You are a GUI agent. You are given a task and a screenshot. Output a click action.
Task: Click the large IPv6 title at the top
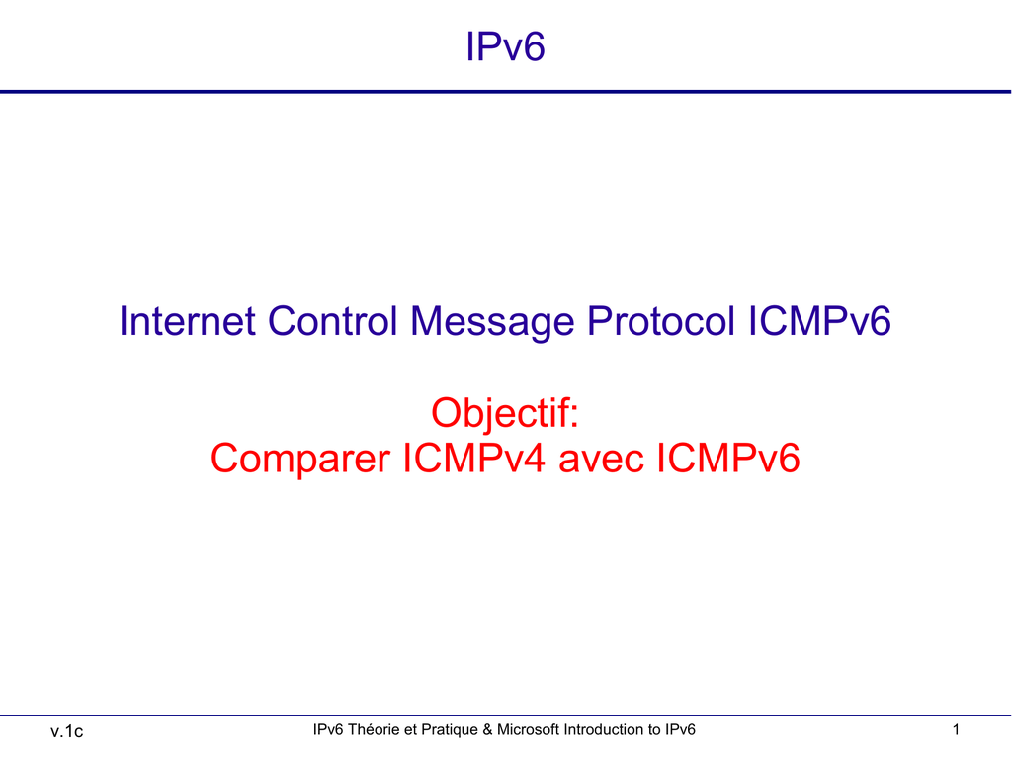pos(505,46)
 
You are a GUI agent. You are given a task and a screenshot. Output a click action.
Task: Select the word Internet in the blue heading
pos(187,321)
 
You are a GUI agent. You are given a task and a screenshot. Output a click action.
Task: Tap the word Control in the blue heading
pos(332,321)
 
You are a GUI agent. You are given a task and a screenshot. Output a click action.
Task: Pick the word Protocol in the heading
pos(661,321)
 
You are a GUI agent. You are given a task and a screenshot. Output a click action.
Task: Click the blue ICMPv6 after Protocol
pos(819,321)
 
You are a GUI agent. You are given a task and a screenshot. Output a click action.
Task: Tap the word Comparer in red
pos(300,460)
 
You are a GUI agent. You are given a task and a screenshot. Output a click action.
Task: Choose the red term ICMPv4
pos(473,458)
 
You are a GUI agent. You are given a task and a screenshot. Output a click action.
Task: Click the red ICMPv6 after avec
pos(728,458)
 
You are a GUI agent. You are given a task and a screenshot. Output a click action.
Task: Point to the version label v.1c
pos(66,731)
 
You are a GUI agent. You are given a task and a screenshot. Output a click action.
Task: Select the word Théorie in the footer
pos(374,729)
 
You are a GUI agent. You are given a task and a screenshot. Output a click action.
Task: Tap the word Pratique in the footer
pos(450,730)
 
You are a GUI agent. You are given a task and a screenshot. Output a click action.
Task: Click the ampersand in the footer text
pos(487,729)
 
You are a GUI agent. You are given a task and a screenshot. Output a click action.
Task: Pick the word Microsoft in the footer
pos(528,729)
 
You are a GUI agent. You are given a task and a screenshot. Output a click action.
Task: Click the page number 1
pos(956,729)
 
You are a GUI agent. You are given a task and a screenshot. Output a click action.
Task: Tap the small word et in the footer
pos(410,729)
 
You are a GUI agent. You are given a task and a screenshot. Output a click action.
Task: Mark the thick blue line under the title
pos(505,92)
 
